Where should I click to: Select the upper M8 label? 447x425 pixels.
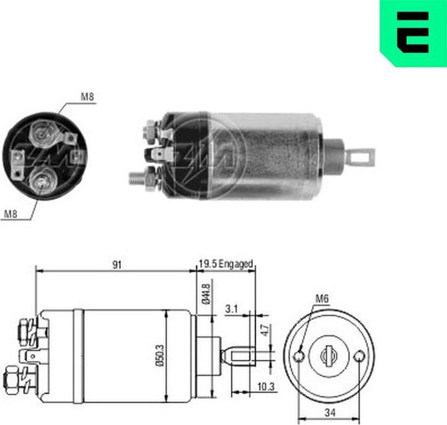coord(88,97)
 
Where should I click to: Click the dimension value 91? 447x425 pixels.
coord(116,265)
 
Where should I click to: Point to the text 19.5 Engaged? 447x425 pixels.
coord(226,265)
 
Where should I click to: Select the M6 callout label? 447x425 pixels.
coord(323,298)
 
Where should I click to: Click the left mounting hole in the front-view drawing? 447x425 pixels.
coord(299,356)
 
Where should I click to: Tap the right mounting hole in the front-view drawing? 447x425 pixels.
coord(360,355)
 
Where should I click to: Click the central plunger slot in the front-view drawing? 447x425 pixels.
coord(329,354)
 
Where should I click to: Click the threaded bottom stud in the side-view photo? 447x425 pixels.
coord(138,175)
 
